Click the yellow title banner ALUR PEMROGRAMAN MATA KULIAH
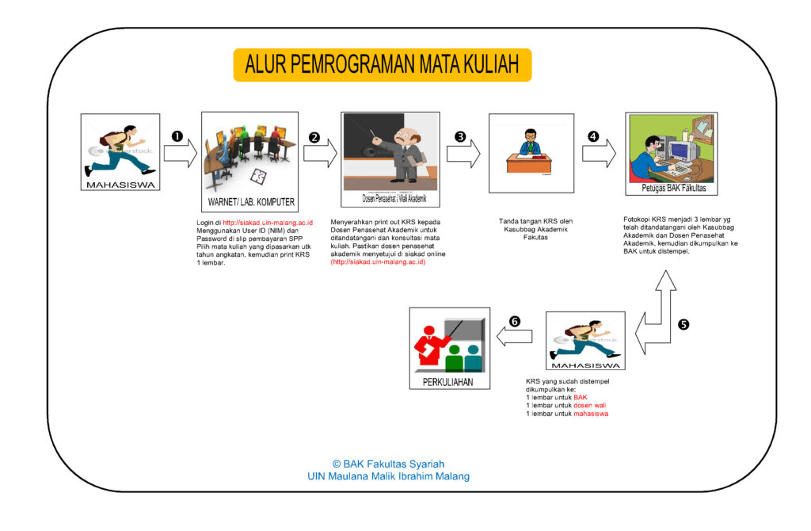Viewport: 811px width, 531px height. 382,65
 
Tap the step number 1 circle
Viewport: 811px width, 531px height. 177,136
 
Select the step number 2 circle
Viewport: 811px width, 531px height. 314,137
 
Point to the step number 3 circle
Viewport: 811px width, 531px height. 460,136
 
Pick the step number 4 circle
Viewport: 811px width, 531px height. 593,136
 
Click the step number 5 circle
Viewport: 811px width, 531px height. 684,324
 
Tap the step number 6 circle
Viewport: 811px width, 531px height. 515,322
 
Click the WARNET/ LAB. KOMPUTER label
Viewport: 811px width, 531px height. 251,201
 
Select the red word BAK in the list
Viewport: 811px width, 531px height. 581,397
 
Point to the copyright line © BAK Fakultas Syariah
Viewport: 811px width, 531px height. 388,464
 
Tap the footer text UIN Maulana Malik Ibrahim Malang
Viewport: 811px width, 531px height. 388,476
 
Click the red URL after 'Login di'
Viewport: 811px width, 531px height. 268,223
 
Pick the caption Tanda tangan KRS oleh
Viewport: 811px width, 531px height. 535,221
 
